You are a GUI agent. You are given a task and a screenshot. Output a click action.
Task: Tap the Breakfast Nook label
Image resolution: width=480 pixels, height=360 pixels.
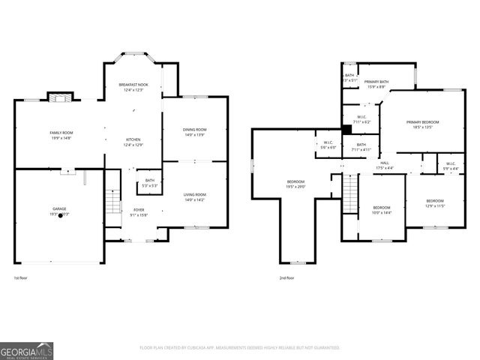point(133,87)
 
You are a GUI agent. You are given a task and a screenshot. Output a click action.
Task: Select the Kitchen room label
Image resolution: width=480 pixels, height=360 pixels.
point(133,142)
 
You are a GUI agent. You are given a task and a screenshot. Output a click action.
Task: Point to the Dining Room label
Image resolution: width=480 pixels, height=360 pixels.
point(194,132)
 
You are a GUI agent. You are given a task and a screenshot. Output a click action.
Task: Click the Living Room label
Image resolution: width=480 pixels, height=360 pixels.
point(194,197)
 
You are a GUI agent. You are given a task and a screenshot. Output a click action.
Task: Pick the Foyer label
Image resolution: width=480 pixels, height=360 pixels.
point(139,212)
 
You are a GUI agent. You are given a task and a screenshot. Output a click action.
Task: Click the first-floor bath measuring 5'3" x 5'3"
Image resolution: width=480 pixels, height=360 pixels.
point(149,182)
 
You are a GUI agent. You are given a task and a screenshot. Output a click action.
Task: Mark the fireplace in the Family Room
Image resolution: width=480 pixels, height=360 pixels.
point(61,97)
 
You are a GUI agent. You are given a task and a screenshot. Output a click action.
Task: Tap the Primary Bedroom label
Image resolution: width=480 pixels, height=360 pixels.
point(422,124)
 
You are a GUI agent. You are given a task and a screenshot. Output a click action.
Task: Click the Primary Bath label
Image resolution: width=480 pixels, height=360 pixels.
point(376,83)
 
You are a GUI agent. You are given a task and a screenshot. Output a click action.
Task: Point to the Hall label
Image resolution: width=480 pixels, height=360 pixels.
point(384,166)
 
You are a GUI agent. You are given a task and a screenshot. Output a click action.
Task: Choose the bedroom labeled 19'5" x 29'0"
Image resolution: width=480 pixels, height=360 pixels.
point(295,184)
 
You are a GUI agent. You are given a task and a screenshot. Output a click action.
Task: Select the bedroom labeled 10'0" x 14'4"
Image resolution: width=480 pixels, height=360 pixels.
point(382,210)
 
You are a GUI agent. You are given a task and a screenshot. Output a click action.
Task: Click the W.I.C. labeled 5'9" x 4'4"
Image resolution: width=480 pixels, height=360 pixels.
point(451,166)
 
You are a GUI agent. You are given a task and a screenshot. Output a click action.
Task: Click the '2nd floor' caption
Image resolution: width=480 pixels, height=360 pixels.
point(286,278)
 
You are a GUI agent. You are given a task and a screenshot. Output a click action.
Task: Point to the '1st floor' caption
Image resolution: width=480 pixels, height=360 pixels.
point(21,278)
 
